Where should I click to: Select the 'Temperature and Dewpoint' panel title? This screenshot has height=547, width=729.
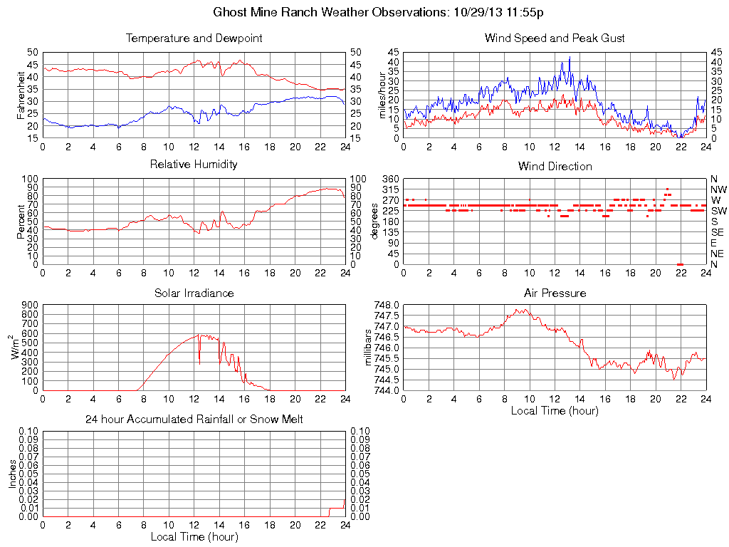coord(194,38)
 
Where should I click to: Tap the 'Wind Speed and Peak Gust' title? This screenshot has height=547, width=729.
coord(555,38)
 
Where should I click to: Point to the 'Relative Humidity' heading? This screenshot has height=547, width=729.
coord(194,165)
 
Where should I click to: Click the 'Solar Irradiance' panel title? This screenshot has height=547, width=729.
coord(194,293)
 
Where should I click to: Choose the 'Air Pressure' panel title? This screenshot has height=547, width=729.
coord(555,293)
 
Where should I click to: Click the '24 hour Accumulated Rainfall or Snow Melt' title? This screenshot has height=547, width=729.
coord(194,420)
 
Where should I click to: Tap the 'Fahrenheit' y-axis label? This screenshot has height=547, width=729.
coord(21,95)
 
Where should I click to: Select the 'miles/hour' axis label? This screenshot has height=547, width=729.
coord(382,95)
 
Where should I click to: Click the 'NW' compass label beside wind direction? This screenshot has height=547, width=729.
coord(718,189)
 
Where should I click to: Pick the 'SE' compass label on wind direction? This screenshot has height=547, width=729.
coord(717,232)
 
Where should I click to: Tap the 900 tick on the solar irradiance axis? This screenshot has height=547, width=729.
coord(29,305)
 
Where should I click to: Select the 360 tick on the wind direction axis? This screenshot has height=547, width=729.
coord(390,178)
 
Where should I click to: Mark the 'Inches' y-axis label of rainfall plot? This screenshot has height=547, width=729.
coord(12,474)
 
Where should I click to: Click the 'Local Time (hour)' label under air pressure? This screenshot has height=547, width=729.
coord(555,410)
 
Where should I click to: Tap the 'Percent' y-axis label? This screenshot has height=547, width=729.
coord(21,222)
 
